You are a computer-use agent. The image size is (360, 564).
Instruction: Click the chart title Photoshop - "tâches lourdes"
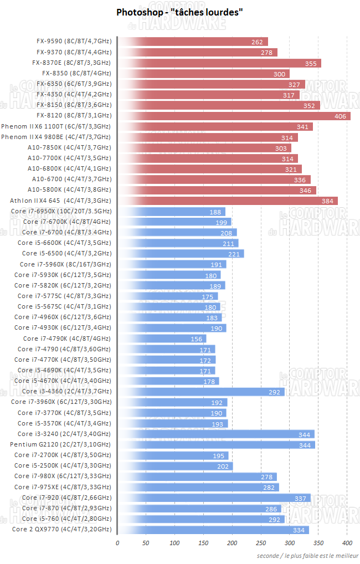coord(179,12)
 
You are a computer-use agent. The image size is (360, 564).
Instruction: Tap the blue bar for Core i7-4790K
coord(162,339)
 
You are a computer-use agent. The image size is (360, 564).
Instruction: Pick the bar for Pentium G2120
coord(216,444)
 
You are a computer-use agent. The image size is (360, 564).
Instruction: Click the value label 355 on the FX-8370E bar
coord(311,63)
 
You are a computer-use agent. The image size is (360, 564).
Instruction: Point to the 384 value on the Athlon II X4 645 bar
coord(327,201)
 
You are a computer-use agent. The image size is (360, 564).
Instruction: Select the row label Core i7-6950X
coord(61,212)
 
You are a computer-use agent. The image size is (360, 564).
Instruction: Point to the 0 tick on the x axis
coord(117,542)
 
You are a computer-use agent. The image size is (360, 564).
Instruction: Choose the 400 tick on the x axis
coord(347,542)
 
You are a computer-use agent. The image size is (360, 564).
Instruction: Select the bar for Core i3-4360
coord(200,392)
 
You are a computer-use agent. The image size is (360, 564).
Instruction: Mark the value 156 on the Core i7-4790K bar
coord(196,339)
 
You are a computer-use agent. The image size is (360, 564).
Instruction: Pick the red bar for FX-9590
coord(193,42)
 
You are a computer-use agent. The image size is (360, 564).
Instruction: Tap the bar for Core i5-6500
coord(181,254)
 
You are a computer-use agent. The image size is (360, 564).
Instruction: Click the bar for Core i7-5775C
coord(167,296)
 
